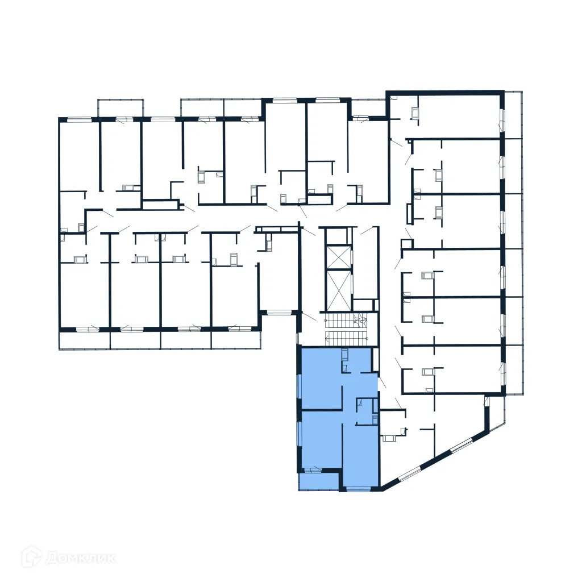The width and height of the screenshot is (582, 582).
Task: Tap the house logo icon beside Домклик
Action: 32,557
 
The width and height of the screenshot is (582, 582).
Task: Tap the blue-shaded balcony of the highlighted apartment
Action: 319,480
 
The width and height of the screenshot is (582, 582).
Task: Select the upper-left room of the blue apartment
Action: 321,378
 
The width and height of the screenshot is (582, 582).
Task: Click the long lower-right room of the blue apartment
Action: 360,455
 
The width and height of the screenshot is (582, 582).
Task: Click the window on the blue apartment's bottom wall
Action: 358,488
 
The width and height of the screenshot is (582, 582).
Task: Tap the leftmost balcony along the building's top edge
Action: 120,108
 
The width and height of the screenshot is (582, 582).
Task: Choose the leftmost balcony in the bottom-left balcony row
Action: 84,340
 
